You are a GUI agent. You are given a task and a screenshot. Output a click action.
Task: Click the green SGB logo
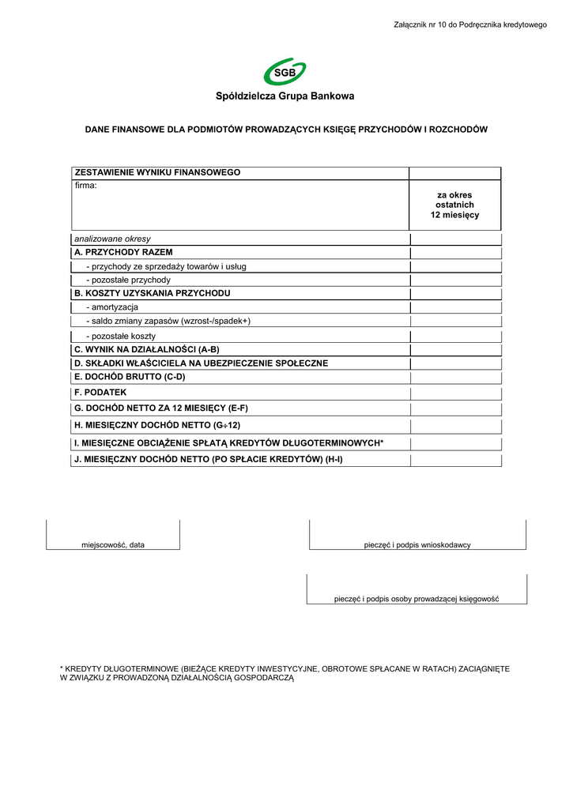click(285, 72)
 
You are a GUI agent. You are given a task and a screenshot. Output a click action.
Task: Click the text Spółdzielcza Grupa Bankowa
click(285, 96)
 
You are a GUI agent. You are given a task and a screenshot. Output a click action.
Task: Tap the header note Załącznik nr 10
click(470, 25)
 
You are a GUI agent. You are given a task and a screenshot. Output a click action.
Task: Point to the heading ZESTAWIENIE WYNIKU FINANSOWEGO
click(157, 172)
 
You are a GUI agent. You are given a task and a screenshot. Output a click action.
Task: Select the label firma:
click(85, 186)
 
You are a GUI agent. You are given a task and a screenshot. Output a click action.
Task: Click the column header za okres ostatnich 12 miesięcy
click(454, 205)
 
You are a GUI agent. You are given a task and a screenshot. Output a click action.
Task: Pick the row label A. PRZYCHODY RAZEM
click(123, 252)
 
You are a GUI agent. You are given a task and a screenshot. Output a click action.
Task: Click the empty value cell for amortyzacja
click(454, 307)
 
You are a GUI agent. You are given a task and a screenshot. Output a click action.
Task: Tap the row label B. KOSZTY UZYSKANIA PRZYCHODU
click(152, 293)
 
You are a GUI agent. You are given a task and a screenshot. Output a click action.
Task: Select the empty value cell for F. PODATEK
click(454, 392)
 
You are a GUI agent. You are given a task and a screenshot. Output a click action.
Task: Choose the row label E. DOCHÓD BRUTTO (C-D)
click(129, 377)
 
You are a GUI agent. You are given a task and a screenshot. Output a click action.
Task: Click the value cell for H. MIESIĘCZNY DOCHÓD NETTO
click(454, 425)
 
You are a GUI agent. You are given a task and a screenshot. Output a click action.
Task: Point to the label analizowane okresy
click(112, 239)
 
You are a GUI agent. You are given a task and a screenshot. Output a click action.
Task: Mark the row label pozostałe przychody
click(128, 280)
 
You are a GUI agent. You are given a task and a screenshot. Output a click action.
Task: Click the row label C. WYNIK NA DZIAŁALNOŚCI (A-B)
click(146, 349)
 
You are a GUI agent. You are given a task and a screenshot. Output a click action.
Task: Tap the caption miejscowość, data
click(114, 545)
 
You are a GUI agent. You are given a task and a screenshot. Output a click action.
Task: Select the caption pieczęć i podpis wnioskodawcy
click(417, 545)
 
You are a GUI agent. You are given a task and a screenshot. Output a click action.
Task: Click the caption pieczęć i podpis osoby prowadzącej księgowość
click(417, 599)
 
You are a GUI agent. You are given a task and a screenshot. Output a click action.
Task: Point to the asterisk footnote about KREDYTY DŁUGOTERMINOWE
click(285, 673)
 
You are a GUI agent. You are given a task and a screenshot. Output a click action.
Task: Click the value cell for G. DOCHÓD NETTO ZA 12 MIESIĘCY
click(454, 408)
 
